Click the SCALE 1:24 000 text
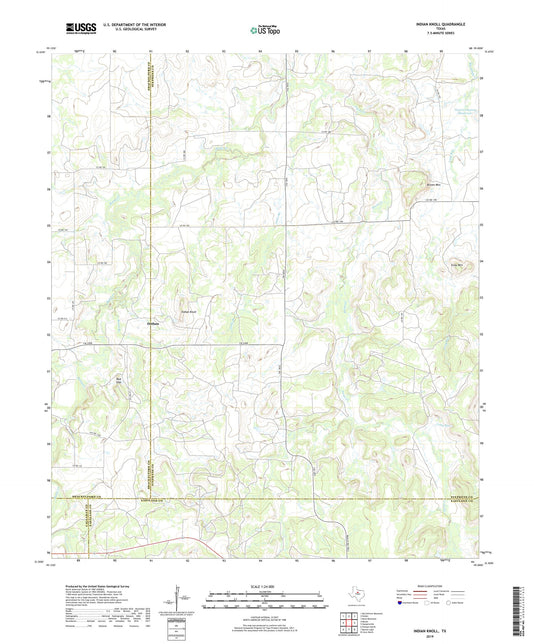pyautogui.click(x=265, y=586)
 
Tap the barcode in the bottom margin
pyautogui.click(x=518, y=609)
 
